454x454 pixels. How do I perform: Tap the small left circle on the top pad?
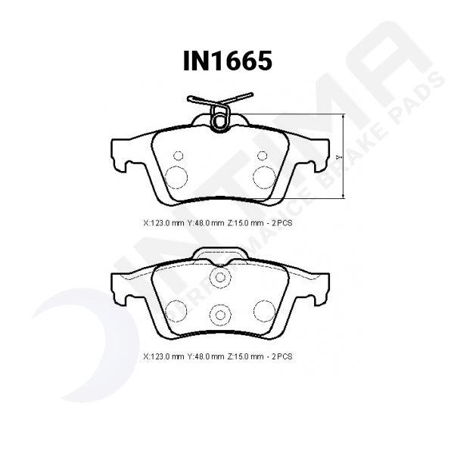click(179, 156)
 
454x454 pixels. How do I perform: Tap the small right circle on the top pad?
click(262, 156)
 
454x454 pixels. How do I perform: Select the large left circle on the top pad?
click(176, 177)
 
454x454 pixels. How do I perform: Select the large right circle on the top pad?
click(264, 177)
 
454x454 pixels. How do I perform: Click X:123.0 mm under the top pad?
click(163, 223)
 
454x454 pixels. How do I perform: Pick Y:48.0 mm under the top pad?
click(207, 223)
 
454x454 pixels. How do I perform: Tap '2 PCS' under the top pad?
click(283, 223)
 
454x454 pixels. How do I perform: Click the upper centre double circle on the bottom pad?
click(220, 278)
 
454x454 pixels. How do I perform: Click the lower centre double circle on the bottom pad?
click(220, 314)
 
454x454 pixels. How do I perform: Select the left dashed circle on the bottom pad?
click(176, 310)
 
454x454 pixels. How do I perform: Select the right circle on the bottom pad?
click(264, 310)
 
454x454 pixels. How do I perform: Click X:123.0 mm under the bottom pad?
click(163, 356)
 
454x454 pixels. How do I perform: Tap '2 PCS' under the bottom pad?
click(283, 356)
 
